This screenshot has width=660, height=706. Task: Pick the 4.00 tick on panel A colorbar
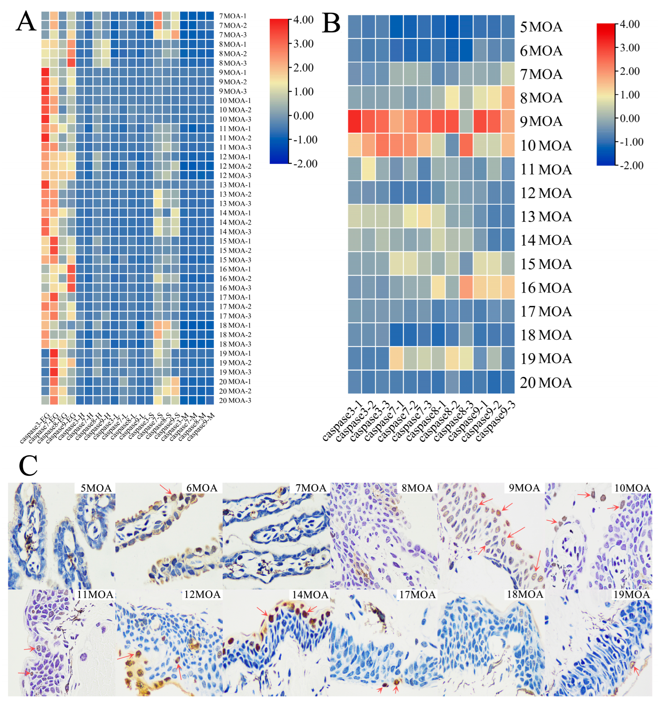pos(303,20)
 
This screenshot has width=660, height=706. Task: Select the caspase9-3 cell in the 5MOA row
pos(507,27)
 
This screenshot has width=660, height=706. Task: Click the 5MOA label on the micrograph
pos(96,488)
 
